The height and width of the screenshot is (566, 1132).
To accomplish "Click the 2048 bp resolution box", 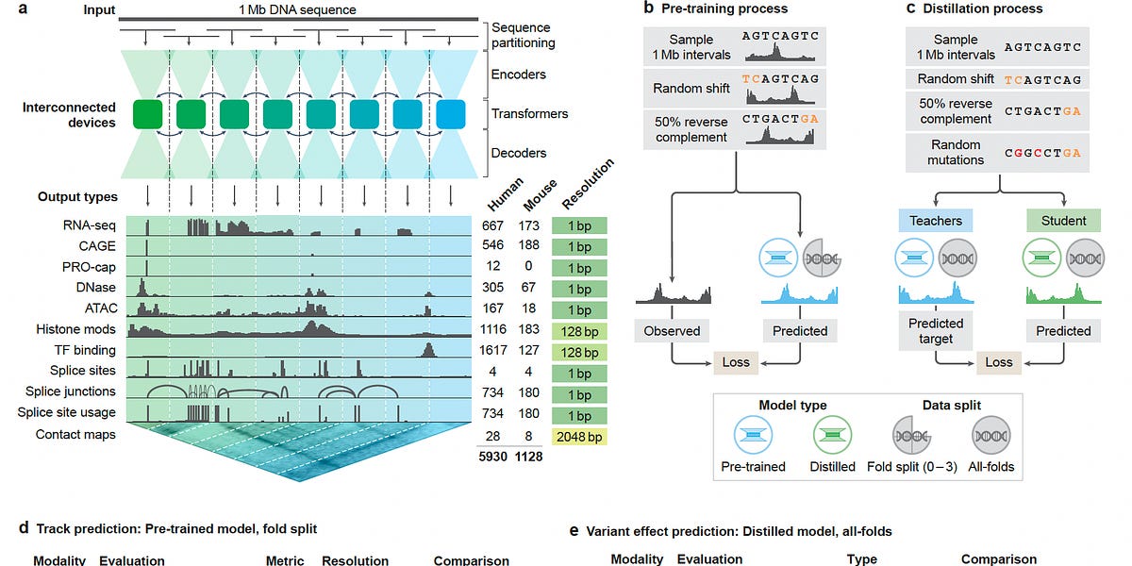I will click(x=579, y=436).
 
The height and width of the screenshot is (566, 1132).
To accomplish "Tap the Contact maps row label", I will click(x=75, y=435).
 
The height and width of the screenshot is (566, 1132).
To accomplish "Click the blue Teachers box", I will click(x=936, y=221).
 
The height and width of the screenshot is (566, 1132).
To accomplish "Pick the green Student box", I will click(x=1063, y=221).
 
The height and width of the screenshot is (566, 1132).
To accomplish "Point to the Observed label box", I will click(x=672, y=331).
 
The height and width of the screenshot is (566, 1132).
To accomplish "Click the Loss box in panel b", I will click(x=735, y=362).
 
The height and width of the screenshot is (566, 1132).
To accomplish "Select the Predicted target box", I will click(x=936, y=331).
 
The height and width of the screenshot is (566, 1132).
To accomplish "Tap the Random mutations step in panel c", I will click(x=956, y=153).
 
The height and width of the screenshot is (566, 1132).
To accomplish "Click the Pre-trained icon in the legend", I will click(x=760, y=437).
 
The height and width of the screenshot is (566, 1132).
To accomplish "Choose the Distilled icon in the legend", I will click(x=833, y=437).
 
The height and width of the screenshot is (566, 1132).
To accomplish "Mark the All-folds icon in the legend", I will click(x=990, y=437).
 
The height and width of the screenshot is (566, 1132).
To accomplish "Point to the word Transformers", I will click(x=529, y=114).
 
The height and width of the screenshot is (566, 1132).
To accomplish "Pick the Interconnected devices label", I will click(x=69, y=115).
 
